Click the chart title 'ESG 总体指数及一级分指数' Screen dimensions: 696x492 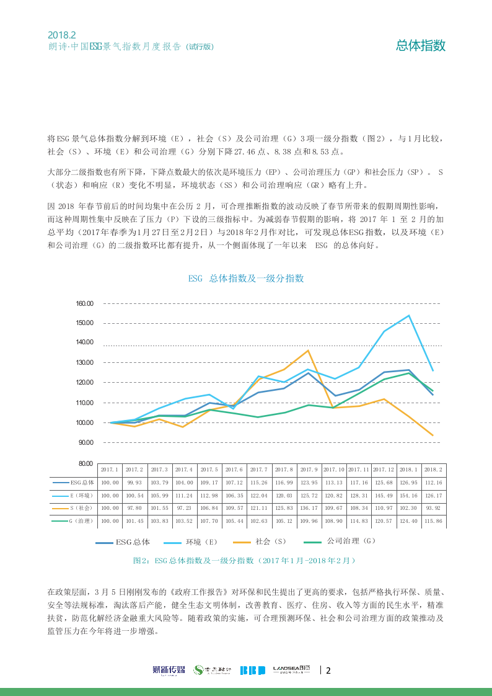[x=246, y=279]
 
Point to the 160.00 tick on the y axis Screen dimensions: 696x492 [x=84, y=303]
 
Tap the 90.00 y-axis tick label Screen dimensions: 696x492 [x=84, y=442]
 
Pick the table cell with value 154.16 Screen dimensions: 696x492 [x=408, y=495]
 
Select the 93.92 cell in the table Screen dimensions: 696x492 [x=433, y=508]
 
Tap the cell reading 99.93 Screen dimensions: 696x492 [x=134, y=482]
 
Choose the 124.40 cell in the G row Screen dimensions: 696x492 [x=408, y=521]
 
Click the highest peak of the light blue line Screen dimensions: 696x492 [x=409, y=315]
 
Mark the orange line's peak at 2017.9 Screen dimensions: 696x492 [x=309, y=350]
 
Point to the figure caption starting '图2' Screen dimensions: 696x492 [x=245, y=560]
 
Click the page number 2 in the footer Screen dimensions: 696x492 [x=328, y=670]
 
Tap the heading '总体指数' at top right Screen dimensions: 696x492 [x=421, y=45]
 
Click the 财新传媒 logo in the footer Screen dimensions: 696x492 [x=169, y=670]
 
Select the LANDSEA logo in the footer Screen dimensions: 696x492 [x=291, y=670]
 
